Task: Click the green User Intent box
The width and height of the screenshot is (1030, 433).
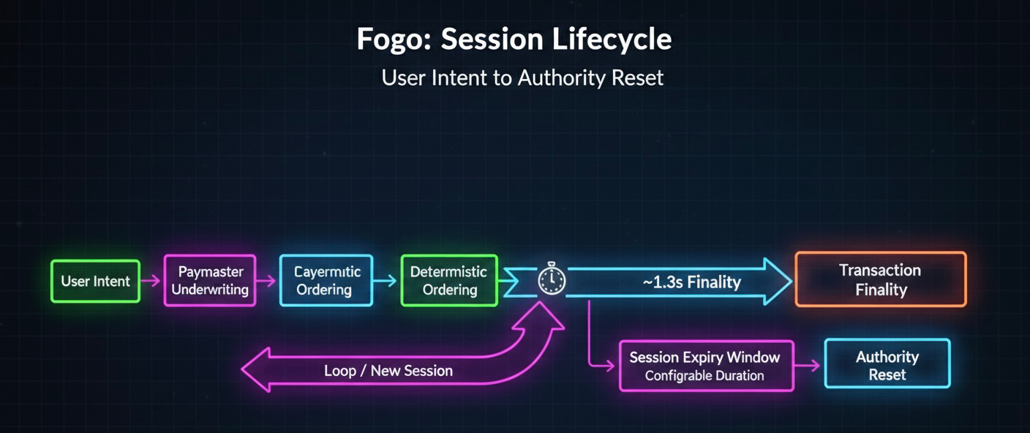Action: [x=95, y=282]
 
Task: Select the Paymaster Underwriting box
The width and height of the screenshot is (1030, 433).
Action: [x=210, y=280]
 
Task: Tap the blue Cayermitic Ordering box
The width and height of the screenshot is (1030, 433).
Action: [x=326, y=280]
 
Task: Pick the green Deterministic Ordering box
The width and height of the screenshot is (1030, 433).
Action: [x=449, y=280]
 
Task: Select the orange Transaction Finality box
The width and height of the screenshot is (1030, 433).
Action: [x=880, y=279]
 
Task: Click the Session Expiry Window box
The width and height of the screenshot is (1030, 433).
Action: [x=705, y=366]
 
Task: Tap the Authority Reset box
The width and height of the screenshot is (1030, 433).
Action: [x=887, y=364]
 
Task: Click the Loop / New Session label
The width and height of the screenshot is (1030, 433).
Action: [x=388, y=371]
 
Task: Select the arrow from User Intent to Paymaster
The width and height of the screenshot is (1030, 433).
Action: [x=151, y=281]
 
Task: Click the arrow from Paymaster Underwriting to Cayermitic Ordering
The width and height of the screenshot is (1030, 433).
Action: [x=267, y=280]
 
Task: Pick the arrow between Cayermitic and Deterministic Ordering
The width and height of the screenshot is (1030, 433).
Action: [x=386, y=280]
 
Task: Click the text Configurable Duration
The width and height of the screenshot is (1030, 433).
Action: [x=704, y=376]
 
